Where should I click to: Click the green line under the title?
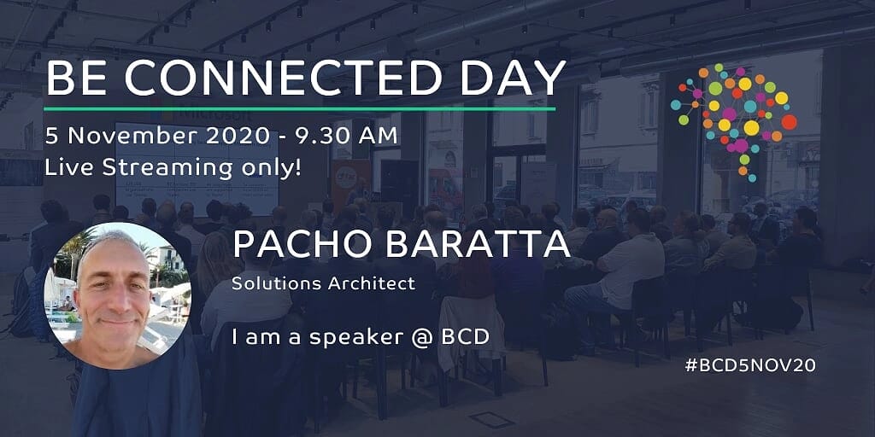tap(300, 108)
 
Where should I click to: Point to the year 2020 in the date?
tap(232, 137)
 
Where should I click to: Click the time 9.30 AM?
tap(342, 137)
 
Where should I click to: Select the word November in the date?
tap(131, 137)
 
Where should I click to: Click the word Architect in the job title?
tap(371, 283)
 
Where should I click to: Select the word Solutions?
tap(277, 283)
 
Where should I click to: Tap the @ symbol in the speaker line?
tap(422, 336)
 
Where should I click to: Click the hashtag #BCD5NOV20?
tap(750, 365)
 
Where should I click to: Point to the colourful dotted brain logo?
tap(733, 122)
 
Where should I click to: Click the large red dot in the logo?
tap(789, 121)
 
